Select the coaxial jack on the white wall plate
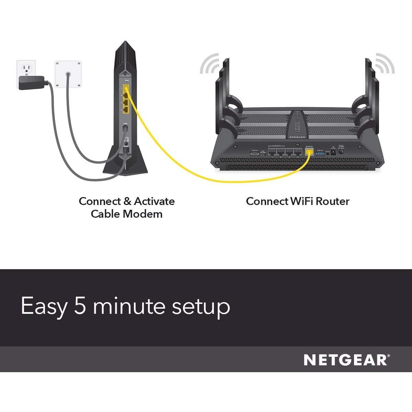coord(68,74)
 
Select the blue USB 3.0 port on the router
coord(320,153)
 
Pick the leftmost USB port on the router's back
coord(255,153)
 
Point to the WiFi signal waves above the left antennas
coord(209,64)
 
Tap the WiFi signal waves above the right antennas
coord(385,64)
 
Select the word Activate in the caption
coord(154,201)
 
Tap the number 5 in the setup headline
coord(80,306)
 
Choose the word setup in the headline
coord(201,306)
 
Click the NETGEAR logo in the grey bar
coord(346,360)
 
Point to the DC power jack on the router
coord(332,152)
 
